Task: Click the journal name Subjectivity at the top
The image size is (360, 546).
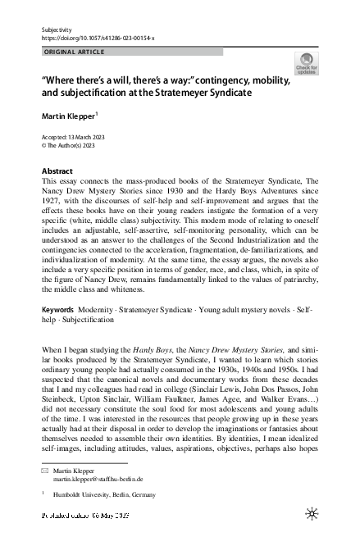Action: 55,30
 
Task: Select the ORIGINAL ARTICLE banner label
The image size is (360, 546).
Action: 74,52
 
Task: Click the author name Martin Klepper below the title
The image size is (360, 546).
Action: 70,116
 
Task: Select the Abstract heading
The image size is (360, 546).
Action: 57,171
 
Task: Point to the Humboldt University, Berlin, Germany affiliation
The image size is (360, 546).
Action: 108,495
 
